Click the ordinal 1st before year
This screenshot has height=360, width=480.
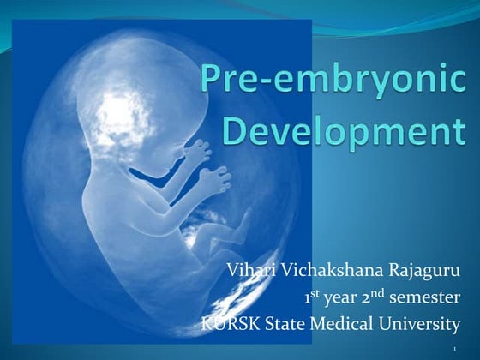click(312, 298)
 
